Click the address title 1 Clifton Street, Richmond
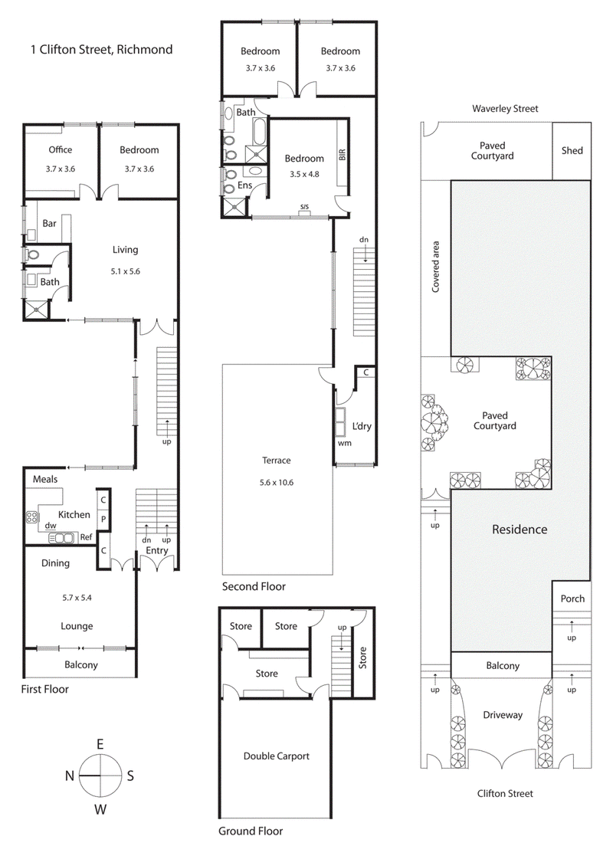click(x=101, y=50)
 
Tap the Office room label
click(x=61, y=149)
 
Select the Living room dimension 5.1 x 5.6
click(x=125, y=270)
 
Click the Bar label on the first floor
click(x=50, y=224)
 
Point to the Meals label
click(x=45, y=480)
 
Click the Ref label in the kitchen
click(x=86, y=538)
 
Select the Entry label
click(x=156, y=550)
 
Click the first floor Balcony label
click(x=80, y=664)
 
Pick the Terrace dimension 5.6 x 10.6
click(x=277, y=482)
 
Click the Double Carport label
click(x=277, y=756)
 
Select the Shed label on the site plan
click(x=572, y=150)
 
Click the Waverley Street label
click(x=505, y=109)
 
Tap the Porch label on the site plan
click(x=572, y=598)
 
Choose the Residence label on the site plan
click(x=520, y=529)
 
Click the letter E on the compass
click(x=100, y=743)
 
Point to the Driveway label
click(x=502, y=714)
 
